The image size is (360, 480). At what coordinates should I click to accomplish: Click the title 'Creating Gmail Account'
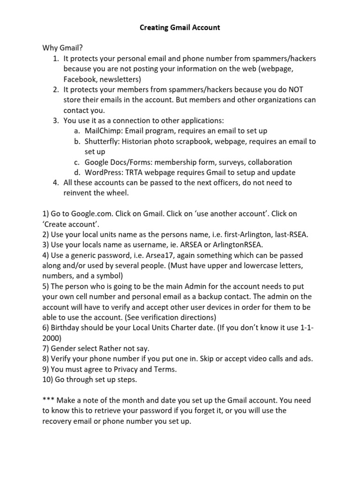click(x=180, y=28)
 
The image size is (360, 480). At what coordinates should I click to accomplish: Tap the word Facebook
click(x=80, y=79)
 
